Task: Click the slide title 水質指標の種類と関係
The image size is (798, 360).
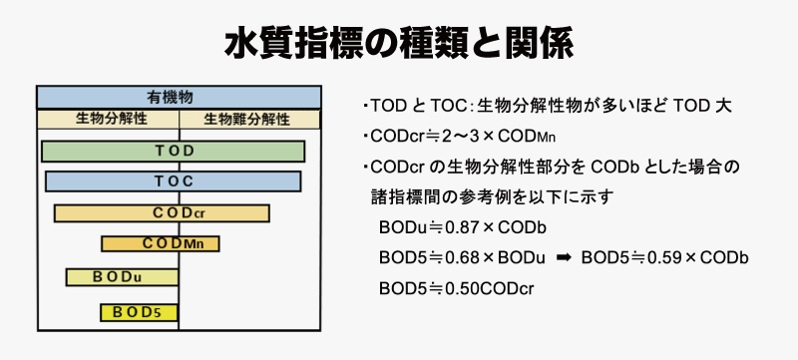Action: click(x=399, y=44)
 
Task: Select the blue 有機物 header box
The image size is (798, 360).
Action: click(x=179, y=97)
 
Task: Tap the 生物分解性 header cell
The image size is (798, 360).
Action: click(x=108, y=119)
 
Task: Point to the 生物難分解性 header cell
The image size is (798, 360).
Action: click(x=250, y=119)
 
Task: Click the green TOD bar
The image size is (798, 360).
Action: click(x=173, y=151)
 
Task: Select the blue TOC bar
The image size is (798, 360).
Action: click(x=173, y=181)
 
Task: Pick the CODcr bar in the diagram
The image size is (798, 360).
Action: click(x=162, y=213)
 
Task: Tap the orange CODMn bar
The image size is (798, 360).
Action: click(x=161, y=243)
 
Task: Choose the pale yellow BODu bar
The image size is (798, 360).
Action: click(x=122, y=277)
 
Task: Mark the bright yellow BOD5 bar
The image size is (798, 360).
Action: click(x=139, y=312)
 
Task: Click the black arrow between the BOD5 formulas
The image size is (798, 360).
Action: click(x=563, y=258)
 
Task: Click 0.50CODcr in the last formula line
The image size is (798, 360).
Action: click(x=490, y=289)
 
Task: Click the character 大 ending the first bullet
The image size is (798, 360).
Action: click(x=725, y=106)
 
